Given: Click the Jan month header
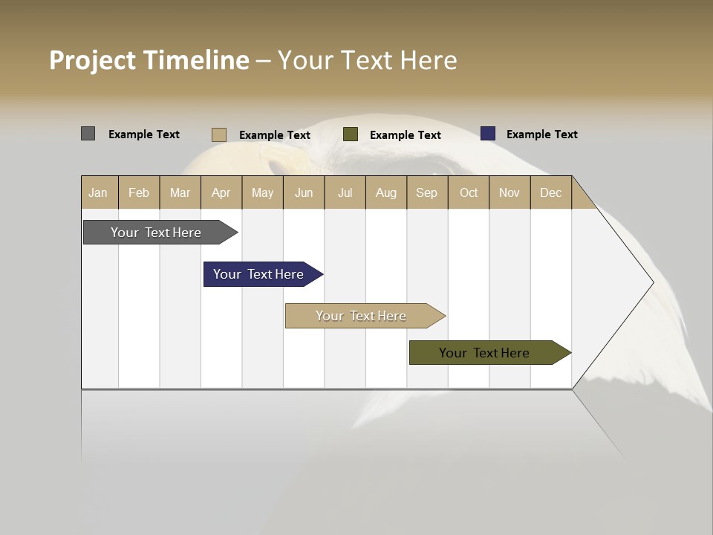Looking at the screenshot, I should (x=98, y=192).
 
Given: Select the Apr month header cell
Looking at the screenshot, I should (x=221, y=192).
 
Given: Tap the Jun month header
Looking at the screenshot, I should (x=304, y=192).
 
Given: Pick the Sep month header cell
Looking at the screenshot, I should (x=426, y=192).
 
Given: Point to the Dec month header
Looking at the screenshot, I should (x=550, y=192).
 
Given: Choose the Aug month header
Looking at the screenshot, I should (x=385, y=192).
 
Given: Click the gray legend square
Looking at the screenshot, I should (x=88, y=134).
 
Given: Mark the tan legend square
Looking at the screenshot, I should (x=218, y=134).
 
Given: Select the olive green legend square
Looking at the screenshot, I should (x=351, y=134).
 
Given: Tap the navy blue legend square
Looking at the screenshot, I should (x=487, y=134).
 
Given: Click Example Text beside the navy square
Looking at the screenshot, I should (x=541, y=134).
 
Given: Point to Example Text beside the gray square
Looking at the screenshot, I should (x=144, y=134).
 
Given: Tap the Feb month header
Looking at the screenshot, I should (x=139, y=192).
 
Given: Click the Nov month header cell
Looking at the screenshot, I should (x=509, y=192).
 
